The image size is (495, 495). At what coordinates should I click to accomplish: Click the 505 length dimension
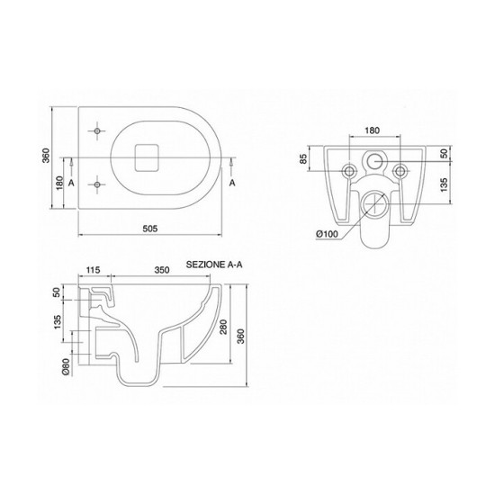point(150,229)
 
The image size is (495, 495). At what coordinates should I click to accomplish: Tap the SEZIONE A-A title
point(214,265)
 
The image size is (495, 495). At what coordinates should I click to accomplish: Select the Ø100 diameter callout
point(327,234)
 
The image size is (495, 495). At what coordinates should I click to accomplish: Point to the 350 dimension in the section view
point(162,270)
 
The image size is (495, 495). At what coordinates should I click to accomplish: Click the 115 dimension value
point(93,270)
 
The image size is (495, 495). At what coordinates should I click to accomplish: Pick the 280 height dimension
point(223,328)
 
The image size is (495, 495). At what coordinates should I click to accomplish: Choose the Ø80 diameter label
point(66,367)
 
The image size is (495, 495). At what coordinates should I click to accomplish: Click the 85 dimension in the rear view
point(303,158)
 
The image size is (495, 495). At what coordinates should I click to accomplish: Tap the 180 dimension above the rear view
point(373,130)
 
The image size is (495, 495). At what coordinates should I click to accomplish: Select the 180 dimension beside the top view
point(59,184)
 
